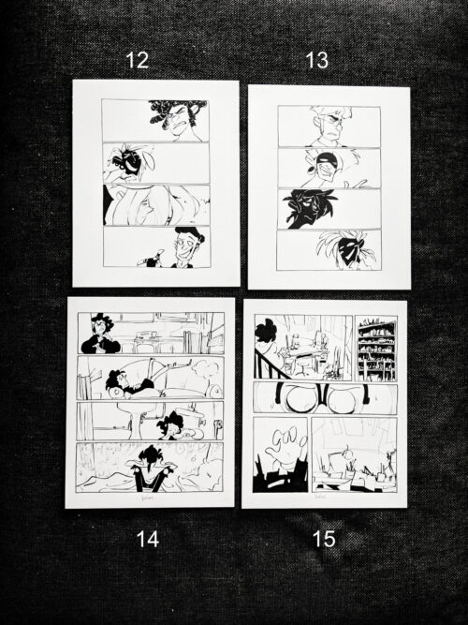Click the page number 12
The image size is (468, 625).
point(137,61)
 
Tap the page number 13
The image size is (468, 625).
point(316,61)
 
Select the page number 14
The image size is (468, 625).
point(148,541)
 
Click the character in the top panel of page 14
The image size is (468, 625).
point(100,335)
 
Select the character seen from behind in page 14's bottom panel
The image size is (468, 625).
point(150,467)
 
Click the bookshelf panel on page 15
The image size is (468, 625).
point(376,349)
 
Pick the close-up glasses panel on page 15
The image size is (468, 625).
point(325,397)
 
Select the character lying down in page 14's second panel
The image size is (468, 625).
point(126,382)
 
